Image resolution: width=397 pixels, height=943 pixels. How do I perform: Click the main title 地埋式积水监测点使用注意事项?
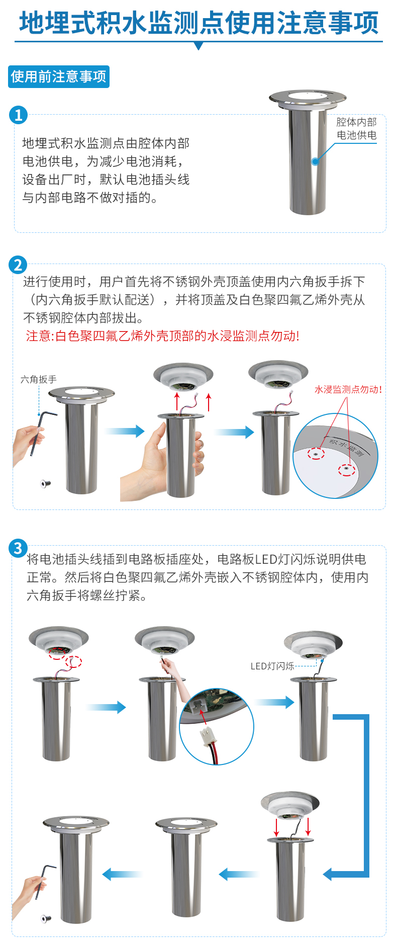(x=198, y=23)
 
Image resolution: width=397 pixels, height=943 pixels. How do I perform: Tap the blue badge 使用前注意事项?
(x=59, y=76)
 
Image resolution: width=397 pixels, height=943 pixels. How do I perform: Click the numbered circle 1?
(x=18, y=115)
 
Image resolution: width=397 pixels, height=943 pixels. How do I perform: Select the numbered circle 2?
(x=18, y=265)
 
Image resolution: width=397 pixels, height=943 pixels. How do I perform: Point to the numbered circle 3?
(x=18, y=548)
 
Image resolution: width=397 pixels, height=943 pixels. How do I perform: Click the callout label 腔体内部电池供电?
(x=356, y=129)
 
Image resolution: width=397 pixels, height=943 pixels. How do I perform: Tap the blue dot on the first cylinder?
(x=315, y=161)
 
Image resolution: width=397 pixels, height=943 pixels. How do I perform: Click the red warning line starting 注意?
(x=162, y=336)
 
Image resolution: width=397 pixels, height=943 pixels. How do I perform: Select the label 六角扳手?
(x=39, y=379)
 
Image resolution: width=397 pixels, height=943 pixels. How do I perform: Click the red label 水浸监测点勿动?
(x=348, y=389)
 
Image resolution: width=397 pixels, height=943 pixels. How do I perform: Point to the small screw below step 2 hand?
(x=45, y=484)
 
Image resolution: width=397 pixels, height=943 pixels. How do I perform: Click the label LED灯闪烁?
(x=272, y=666)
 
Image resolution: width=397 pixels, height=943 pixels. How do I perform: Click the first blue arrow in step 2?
(x=125, y=431)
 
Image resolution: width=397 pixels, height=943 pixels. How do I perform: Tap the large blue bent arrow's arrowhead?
(x=329, y=875)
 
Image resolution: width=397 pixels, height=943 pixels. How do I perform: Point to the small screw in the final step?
(x=46, y=918)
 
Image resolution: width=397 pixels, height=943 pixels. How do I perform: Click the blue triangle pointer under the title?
(x=198, y=46)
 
